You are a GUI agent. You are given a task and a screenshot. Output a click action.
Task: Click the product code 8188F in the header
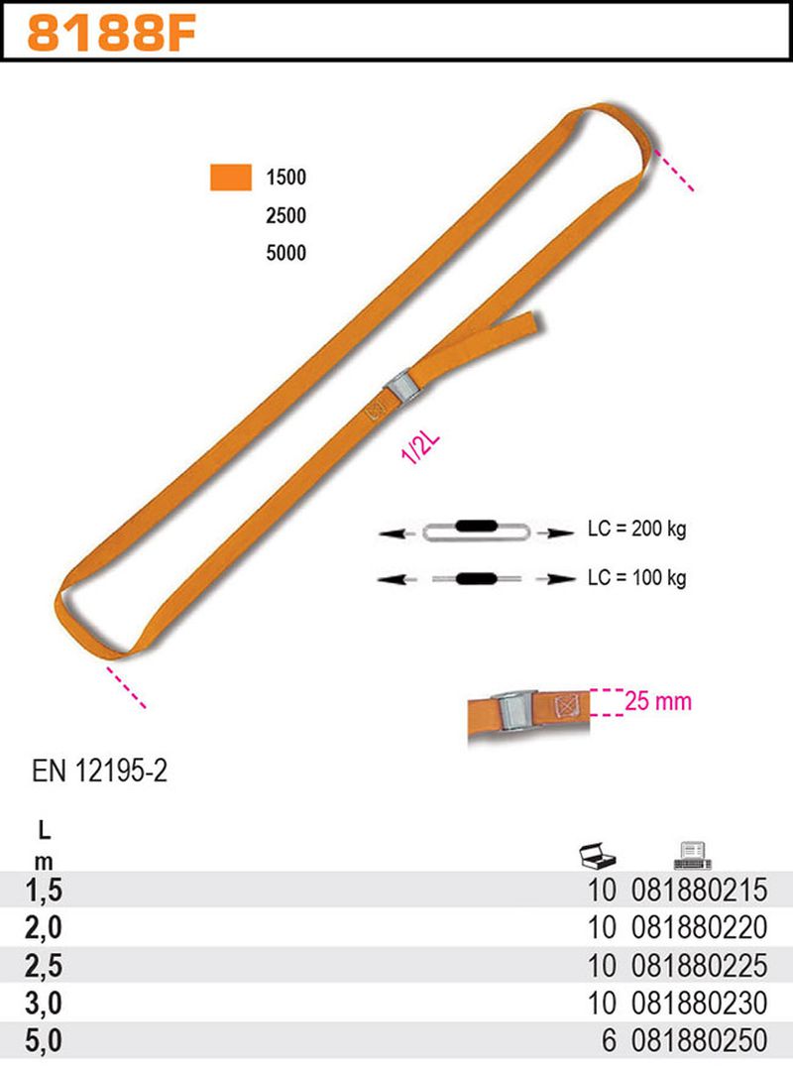click(111, 34)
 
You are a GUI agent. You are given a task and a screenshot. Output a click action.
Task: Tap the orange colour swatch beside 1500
click(231, 177)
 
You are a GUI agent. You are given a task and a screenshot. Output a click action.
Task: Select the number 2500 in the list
click(285, 215)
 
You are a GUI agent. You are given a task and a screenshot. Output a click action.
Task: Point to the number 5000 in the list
click(285, 253)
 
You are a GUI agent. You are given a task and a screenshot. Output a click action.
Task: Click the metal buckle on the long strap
click(401, 388)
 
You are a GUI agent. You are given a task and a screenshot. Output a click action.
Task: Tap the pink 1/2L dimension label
click(420, 448)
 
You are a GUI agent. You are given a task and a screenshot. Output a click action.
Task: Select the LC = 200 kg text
click(636, 530)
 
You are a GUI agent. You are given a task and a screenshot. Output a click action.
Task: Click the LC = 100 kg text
click(636, 578)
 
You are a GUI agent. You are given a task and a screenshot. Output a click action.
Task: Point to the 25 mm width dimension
click(657, 701)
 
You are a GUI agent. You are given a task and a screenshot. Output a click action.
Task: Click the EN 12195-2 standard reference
click(99, 772)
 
